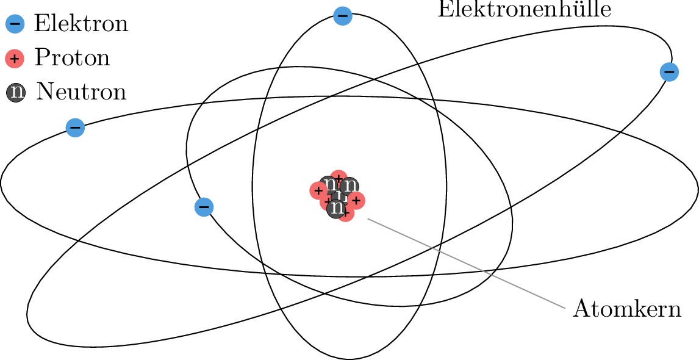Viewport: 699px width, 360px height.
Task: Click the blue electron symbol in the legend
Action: [x=15, y=24]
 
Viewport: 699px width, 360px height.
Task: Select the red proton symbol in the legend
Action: [x=15, y=59]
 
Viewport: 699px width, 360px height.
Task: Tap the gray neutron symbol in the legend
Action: [x=16, y=92]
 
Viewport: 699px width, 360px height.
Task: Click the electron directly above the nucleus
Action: [x=343, y=16]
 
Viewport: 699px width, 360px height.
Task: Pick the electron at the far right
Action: [x=669, y=72]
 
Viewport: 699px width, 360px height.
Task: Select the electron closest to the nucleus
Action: [x=204, y=207]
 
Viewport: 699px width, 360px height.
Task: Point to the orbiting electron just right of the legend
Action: [x=75, y=128]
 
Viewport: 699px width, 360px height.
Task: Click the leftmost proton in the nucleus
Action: [x=318, y=190]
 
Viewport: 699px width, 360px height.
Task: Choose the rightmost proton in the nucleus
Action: [x=357, y=201]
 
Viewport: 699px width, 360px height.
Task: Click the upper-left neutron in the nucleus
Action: [x=329, y=184]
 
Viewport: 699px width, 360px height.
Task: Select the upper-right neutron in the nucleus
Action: [x=349, y=185]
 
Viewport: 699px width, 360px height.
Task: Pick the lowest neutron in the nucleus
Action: [x=336, y=209]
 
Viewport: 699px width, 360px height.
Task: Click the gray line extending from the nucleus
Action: [x=467, y=264]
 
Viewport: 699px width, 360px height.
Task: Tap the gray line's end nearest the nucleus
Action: [x=368, y=219]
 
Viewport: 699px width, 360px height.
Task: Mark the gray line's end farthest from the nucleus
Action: [x=565, y=308]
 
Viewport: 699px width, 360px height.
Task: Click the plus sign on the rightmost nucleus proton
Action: [x=356, y=201]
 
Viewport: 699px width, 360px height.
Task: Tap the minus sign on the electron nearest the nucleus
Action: [x=204, y=207]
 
